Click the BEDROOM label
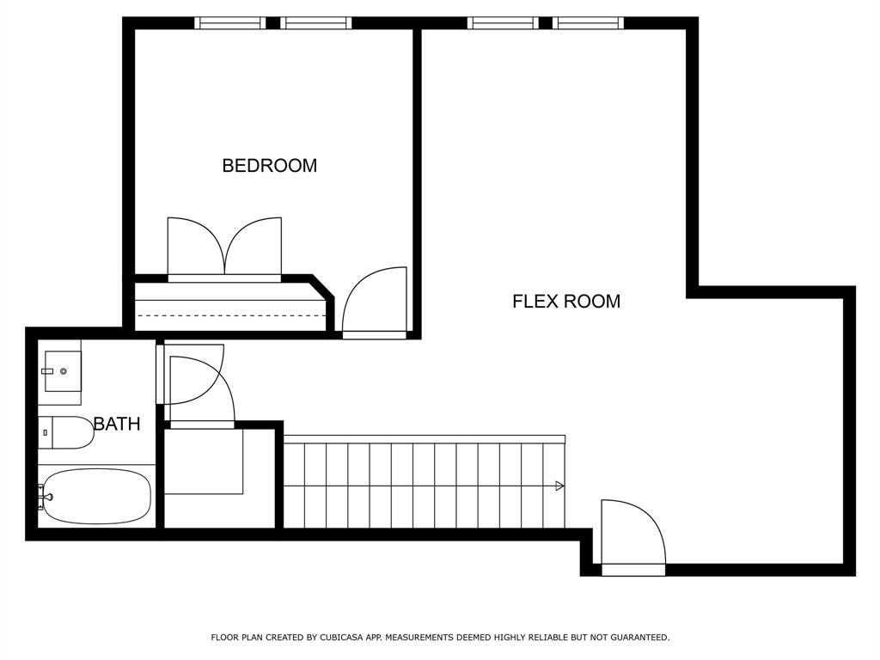(269, 166)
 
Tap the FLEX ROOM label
(566, 302)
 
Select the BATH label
(117, 424)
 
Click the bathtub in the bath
(97, 497)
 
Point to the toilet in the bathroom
(66, 433)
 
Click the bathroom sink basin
(63, 371)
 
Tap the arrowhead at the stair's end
(559, 486)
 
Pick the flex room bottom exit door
(633, 536)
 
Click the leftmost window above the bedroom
(230, 23)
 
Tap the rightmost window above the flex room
(588, 23)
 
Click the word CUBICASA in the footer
(340, 638)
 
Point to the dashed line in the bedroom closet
(231, 315)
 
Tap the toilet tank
(45, 433)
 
